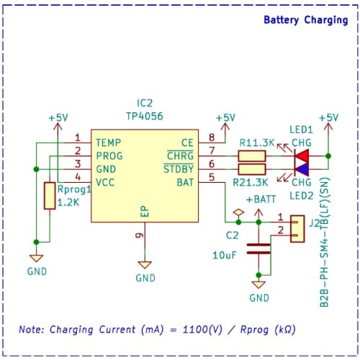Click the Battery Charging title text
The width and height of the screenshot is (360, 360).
point(305,20)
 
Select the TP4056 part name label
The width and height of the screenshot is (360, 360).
point(145,116)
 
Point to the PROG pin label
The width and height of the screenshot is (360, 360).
point(109,156)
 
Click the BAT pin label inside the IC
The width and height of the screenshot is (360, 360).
point(185,183)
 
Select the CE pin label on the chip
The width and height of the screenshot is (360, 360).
point(188,143)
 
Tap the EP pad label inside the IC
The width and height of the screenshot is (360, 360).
point(145,212)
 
